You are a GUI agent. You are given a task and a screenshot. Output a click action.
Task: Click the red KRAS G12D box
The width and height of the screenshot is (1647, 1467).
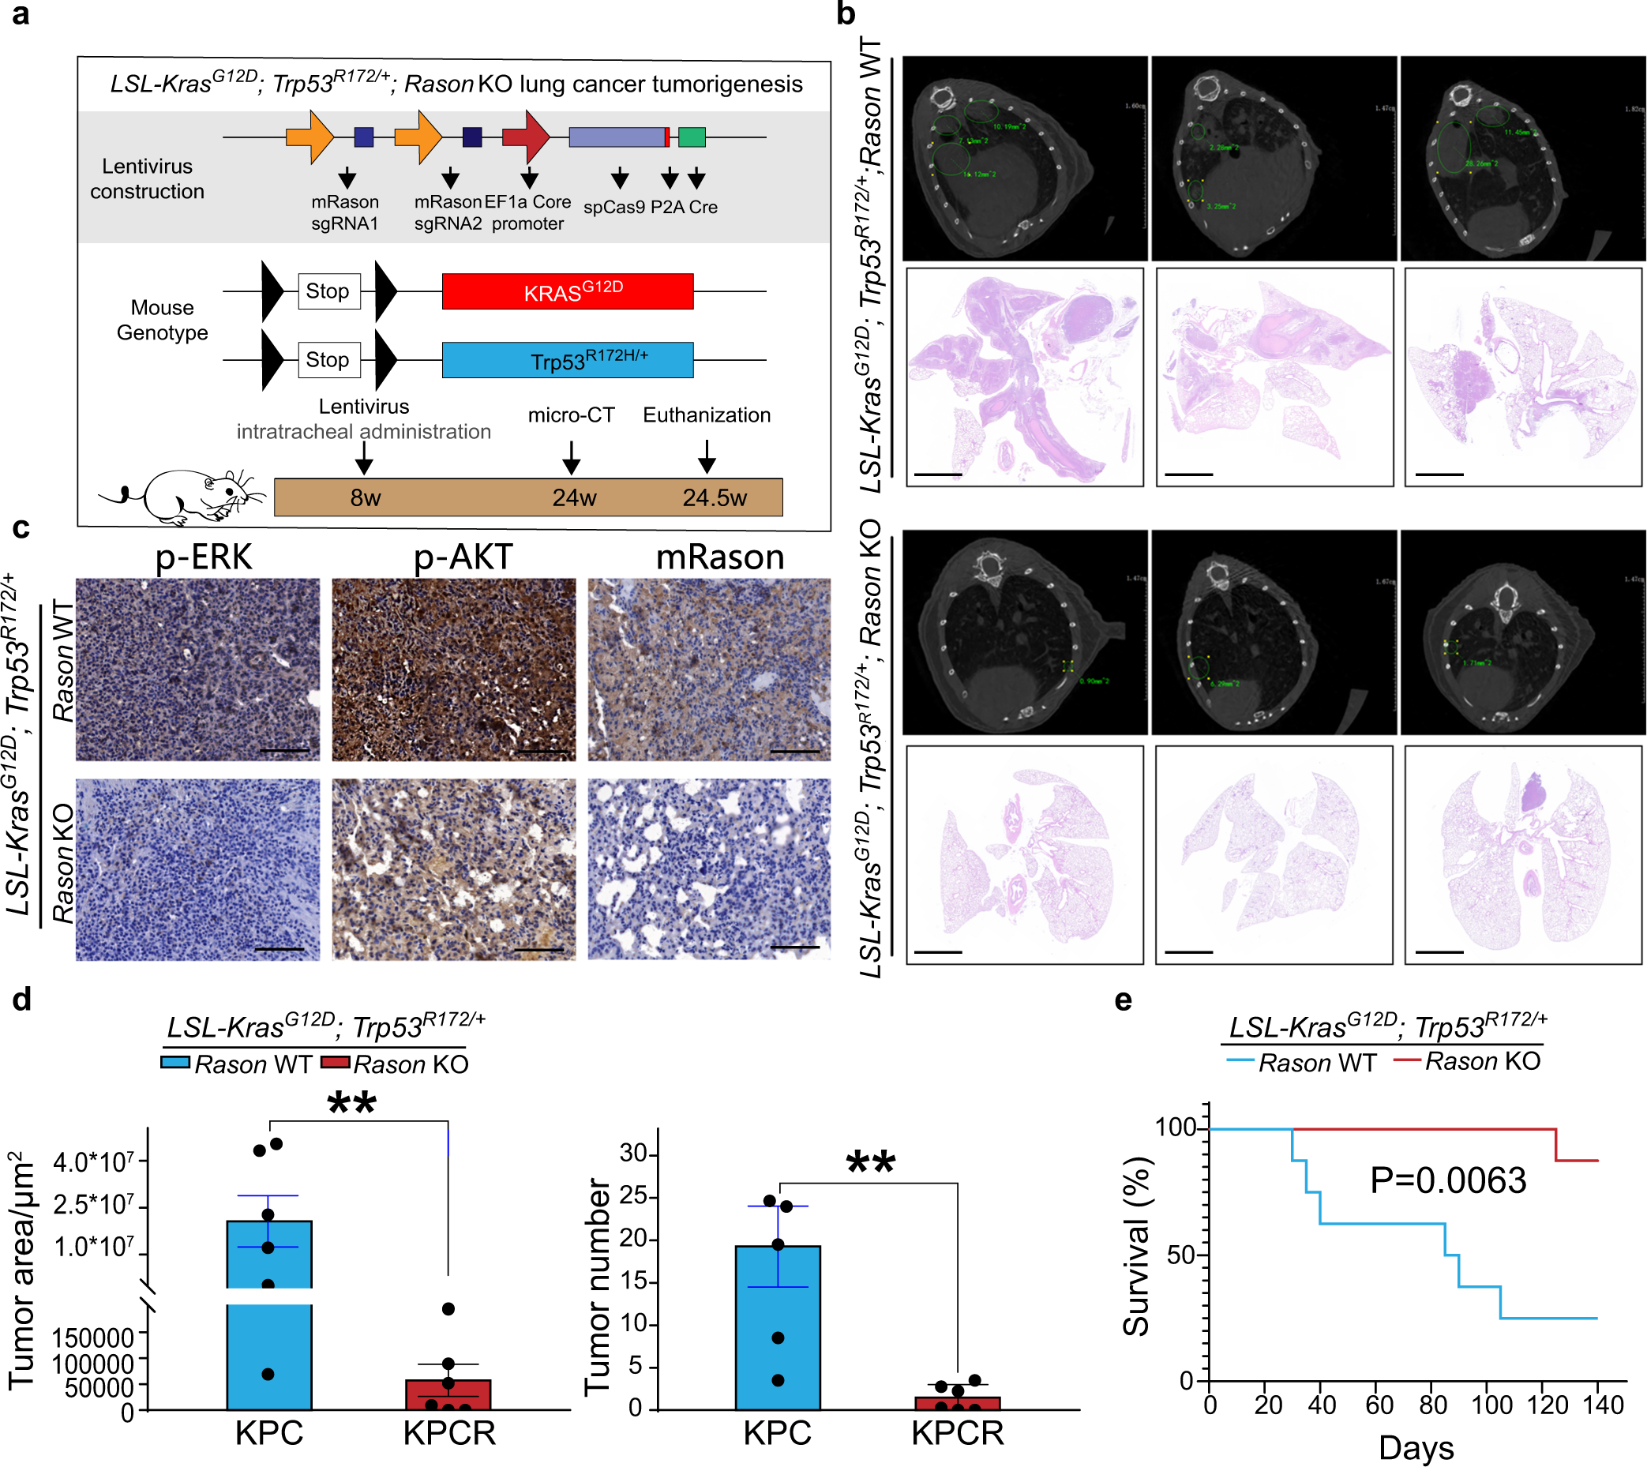click(567, 291)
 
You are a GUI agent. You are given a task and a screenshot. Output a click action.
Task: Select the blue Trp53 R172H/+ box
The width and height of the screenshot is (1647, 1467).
click(567, 359)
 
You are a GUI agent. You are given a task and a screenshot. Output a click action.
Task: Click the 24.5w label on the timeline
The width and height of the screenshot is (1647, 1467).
click(715, 497)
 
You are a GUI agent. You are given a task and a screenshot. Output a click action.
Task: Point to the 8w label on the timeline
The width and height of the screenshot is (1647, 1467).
click(365, 497)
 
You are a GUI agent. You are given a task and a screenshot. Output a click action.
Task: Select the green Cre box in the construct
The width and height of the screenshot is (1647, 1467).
click(691, 137)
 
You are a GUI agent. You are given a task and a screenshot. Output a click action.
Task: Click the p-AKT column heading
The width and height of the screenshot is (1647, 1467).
click(463, 557)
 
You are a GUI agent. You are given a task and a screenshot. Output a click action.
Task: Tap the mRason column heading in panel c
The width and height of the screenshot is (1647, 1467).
click(719, 557)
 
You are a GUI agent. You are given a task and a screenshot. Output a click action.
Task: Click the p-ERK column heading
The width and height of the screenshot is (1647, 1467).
click(203, 557)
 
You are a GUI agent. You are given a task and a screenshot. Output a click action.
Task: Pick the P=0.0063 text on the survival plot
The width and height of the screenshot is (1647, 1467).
click(1448, 1181)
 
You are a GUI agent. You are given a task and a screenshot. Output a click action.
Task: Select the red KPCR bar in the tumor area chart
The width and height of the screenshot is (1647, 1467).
click(448, 1394)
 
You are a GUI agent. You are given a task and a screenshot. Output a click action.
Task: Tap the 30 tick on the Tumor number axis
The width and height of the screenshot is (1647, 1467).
click(636, 1154)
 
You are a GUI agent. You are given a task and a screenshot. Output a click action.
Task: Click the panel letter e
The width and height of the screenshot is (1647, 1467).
click(1123, 1000)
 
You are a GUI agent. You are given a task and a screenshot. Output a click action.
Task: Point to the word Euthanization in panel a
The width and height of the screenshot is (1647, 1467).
click(706, 415)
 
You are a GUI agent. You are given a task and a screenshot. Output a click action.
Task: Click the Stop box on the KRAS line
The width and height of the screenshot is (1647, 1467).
click(328, 291)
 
